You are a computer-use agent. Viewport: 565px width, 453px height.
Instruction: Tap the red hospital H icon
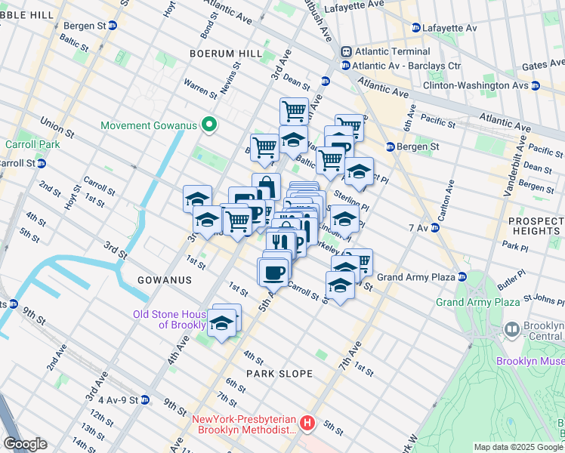[x=307, y=424]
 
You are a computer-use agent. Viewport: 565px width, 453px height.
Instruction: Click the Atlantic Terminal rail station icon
[x=346, y=51]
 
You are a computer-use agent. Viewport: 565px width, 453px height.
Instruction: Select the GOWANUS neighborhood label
[x=165, y=280]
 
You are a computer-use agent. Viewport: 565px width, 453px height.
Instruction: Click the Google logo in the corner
[x=25, y=443]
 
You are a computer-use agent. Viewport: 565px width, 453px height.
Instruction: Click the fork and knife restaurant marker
[x=279, y=242]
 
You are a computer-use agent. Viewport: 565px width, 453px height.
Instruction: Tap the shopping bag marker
[x=266, y=186]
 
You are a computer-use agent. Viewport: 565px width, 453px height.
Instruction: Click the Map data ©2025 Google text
[x=518, y=447]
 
